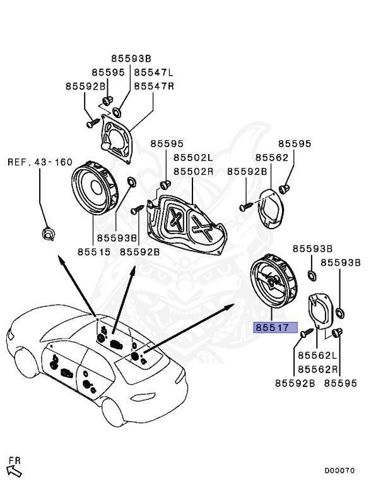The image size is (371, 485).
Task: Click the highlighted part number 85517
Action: (x=271, y=328)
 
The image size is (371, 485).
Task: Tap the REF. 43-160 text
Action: (x=40, y=162)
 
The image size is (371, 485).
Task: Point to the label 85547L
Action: (x=153, y=73)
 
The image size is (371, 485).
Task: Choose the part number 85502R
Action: (x=194, y=171)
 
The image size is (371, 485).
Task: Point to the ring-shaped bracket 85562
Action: (x=272, y=208)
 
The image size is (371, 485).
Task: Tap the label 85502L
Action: (x=194, y=158)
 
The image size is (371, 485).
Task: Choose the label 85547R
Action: (x=153, y=86)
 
